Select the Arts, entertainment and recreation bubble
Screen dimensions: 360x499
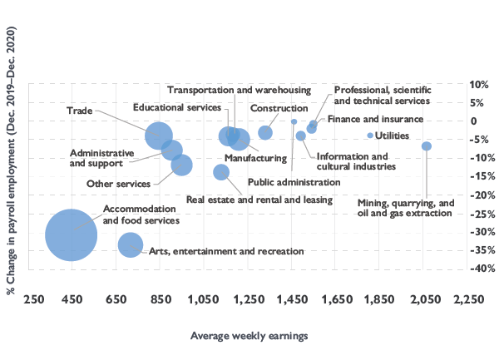click(x=131, y=244)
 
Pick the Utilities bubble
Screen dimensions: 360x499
click(x=369, y=136)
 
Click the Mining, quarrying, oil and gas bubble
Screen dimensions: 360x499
click(x=426, y=146)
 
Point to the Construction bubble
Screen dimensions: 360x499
click(x=265, y=133)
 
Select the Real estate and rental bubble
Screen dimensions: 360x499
click(x=221, y=172)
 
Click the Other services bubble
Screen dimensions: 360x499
click(x=181, y=165)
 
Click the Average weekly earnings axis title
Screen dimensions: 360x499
click(x=249, y=336)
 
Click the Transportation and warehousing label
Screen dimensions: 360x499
click(x=239, y=90)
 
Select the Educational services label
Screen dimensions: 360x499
click(x=177, y=107)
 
